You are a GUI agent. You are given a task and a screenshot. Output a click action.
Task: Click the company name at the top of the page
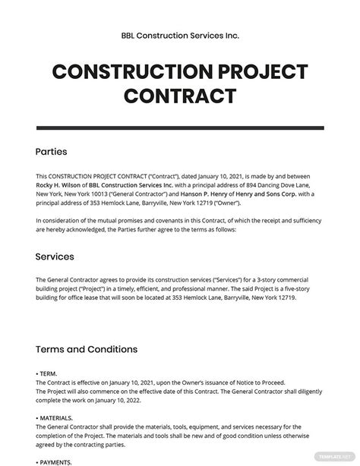pos(180,36)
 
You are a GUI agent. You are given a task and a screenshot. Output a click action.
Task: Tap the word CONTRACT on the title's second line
pos(180,96)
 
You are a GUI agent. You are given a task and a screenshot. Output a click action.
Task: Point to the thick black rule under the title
pos(180,122)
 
